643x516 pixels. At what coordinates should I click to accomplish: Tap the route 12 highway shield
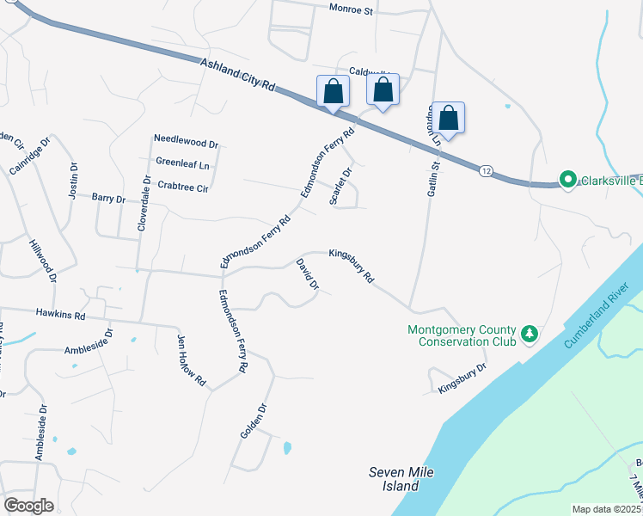(487, 172)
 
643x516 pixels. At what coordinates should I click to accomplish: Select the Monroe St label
(351, 10)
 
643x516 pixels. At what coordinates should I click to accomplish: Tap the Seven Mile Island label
(393, 479)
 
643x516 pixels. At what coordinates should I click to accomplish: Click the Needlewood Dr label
(186, 138)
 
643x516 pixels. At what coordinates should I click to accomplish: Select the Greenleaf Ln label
(183, 161)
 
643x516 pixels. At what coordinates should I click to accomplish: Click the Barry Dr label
(108, 198)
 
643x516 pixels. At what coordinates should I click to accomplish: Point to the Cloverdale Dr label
(144, 203)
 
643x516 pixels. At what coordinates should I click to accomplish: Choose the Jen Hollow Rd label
(192, 359)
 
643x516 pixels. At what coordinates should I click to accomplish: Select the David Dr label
(307, 273)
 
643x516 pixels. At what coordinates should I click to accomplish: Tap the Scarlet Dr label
(341, 186)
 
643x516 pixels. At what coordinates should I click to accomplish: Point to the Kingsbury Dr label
(462, 378)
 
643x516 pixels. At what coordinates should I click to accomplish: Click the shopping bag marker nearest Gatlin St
(448, 118)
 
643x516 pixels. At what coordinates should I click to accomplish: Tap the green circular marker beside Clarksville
(566, 180)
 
